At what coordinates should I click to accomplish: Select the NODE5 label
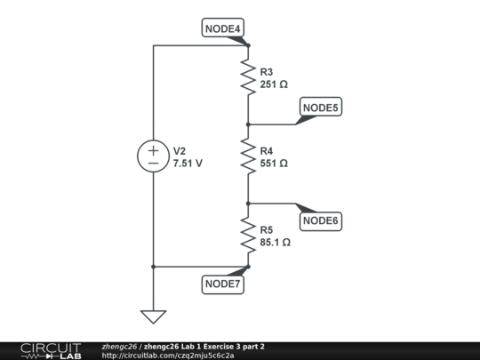pos(321,108)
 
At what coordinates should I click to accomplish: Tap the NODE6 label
pos(321,220)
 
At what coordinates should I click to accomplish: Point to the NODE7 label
pos(223,284)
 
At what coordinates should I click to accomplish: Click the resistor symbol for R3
pos(248,77)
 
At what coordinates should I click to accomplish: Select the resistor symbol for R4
pos(248,157)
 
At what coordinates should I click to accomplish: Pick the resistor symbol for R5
pos(248,235)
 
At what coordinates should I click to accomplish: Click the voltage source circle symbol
pos(153,157)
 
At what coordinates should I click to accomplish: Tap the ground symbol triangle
pos(153,316)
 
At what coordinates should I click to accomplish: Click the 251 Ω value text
pos(275,84)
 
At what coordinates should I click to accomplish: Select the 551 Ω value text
pos(275,164)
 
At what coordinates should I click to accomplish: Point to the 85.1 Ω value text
pos(276,241)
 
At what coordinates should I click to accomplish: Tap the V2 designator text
pos(180,151)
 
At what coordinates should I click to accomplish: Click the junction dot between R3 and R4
pos(248,124)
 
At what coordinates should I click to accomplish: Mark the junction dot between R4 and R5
pos(248,204)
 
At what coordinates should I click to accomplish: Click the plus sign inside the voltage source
pos(153,151)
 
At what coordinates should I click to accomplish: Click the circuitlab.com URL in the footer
pos(168,356)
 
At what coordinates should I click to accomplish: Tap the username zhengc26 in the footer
pos(119,346)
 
